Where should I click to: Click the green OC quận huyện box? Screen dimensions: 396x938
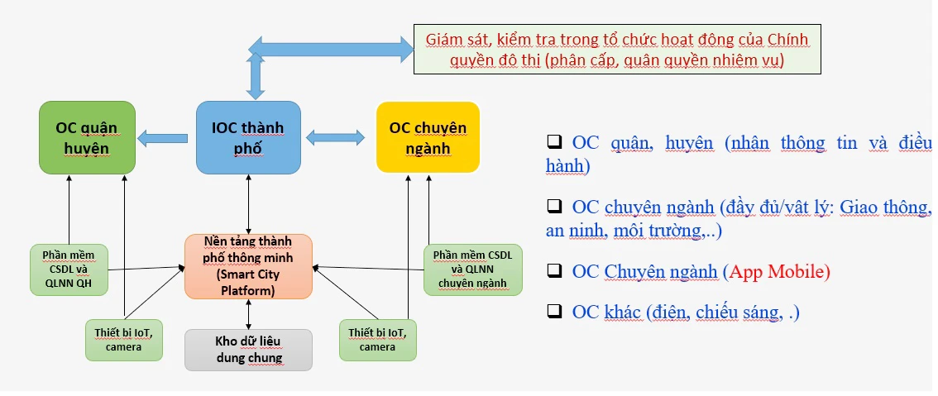[87, 137]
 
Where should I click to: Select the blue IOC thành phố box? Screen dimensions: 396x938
[248, 137]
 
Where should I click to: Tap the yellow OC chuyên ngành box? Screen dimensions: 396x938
[428, 137]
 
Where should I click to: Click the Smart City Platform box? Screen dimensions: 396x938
[248, 265]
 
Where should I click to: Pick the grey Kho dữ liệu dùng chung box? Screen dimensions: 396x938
[248, 349]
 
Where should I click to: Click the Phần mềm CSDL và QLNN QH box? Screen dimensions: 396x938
[69, 270]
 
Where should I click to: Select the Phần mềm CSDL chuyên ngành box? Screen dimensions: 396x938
[472, 270]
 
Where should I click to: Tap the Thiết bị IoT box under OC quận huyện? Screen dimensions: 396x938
[124, 339]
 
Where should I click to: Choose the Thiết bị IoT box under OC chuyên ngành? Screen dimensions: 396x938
[377, 339]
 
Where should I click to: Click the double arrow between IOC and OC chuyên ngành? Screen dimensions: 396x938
[336, 136]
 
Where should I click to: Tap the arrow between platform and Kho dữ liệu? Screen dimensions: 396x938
[248, 314]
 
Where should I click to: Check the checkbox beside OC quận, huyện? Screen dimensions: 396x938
[554, 142]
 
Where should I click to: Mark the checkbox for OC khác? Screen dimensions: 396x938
[554, 312]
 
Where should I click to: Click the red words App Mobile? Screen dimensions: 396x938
[777, 271]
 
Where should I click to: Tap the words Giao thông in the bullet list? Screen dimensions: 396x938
[886, 207]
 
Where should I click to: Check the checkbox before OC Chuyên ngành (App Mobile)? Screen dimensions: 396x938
[554, 271]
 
